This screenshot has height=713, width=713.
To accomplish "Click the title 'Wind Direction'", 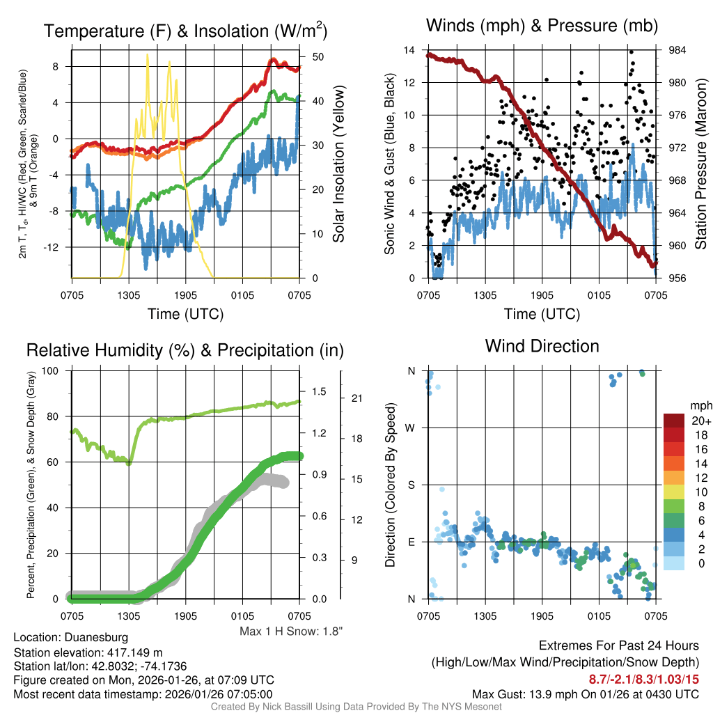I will click(x=542, y=346).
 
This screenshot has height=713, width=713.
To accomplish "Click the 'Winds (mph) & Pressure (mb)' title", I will click(x=542, y=26).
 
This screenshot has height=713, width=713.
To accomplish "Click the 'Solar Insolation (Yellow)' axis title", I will click(x=339, y=164).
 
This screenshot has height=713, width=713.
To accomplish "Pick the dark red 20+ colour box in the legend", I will click(x=675, y=421).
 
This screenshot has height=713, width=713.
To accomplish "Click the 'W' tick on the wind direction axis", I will click(x=411, y=428).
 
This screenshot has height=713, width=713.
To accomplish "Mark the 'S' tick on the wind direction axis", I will click(x=412, y=485).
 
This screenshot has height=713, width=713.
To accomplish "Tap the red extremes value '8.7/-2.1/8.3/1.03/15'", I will click(x=644, y=679).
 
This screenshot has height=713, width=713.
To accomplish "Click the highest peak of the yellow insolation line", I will click(x=148, y=54).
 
